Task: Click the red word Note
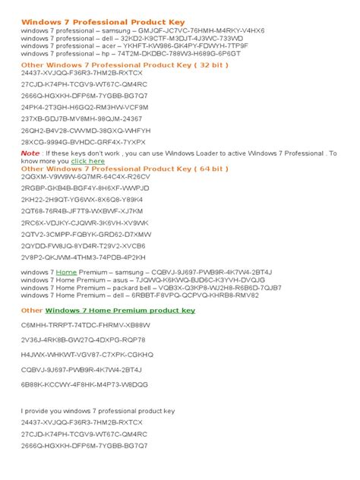[31, 153]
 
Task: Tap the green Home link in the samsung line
[66, 272]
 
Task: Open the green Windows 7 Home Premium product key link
[120, 311]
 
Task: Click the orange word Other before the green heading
[33, 311]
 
